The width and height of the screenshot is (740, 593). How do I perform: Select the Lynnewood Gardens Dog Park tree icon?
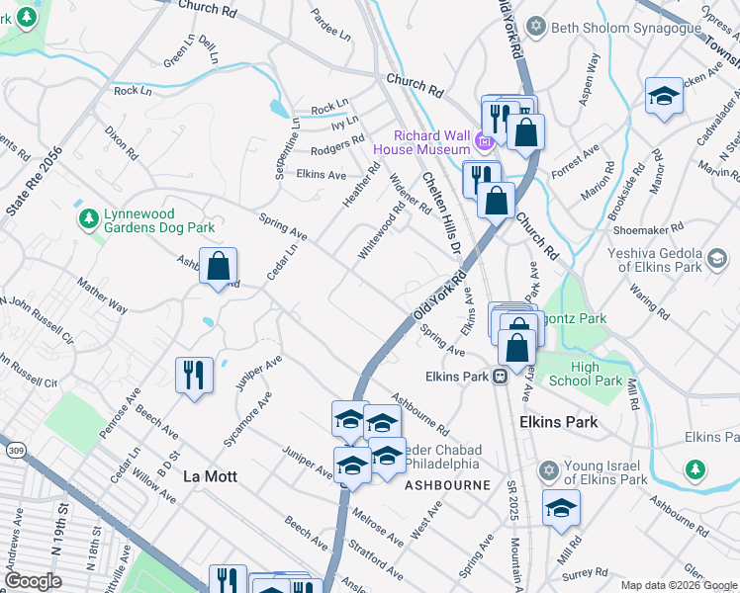[x=89, y=217]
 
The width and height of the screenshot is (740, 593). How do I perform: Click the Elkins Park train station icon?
[x=501, y=376]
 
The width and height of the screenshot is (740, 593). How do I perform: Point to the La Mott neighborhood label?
[x=210, y=476]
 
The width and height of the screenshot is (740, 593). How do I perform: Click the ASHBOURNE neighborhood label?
[x=446, y=486]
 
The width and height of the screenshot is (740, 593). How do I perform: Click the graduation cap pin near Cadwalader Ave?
[x=664, y=96]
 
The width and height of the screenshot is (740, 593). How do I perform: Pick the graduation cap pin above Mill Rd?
[x=561, y=508]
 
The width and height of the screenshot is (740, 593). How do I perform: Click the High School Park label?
[x=597, y=375]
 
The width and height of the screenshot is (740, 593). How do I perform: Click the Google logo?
[x=33, y=581]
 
